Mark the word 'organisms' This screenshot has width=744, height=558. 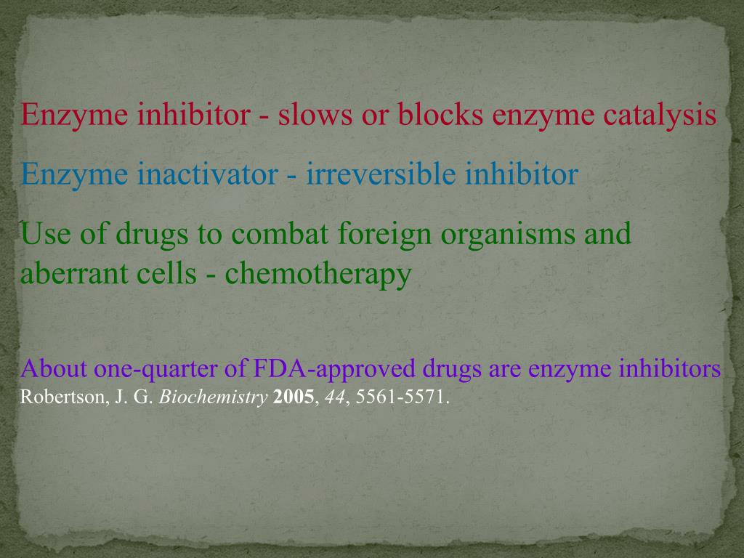click(511, 235)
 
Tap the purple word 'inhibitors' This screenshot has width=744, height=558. click(670, 369)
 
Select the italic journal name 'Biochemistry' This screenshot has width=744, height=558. click(214, 398)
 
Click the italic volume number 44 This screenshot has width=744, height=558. click(334, 398)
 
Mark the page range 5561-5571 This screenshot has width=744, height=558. click(403, 398)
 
